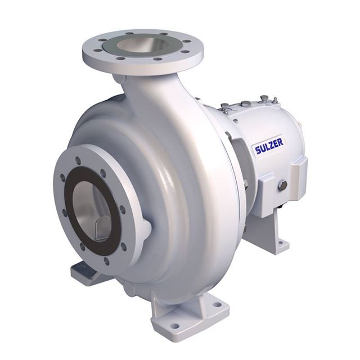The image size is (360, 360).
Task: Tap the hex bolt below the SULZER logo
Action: click(x=283, y=185)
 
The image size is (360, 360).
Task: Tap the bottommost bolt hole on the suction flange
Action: click(x=106, y=260)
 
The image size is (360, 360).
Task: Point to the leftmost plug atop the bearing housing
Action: click(x=224, y=106)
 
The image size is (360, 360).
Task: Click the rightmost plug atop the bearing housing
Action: click(x=264, y=100)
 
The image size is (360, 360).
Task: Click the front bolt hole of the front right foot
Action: click(x=175, y=325)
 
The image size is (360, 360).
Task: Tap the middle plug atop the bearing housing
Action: click(x=246, y=104)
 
